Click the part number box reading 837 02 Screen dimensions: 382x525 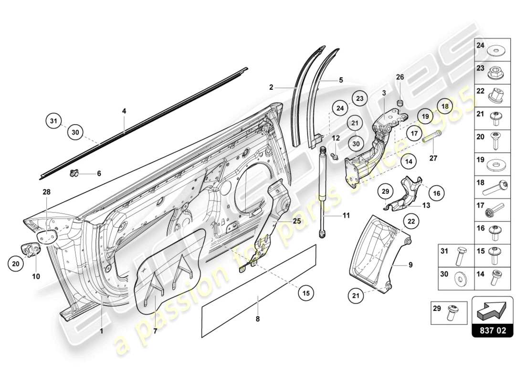[492, 330]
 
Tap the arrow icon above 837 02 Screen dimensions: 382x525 [492, 310]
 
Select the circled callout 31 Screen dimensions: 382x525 [54, 121]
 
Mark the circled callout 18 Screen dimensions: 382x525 [444, 106]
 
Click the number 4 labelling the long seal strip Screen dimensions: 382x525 [124, 111]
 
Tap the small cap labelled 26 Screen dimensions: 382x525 [400, 103]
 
